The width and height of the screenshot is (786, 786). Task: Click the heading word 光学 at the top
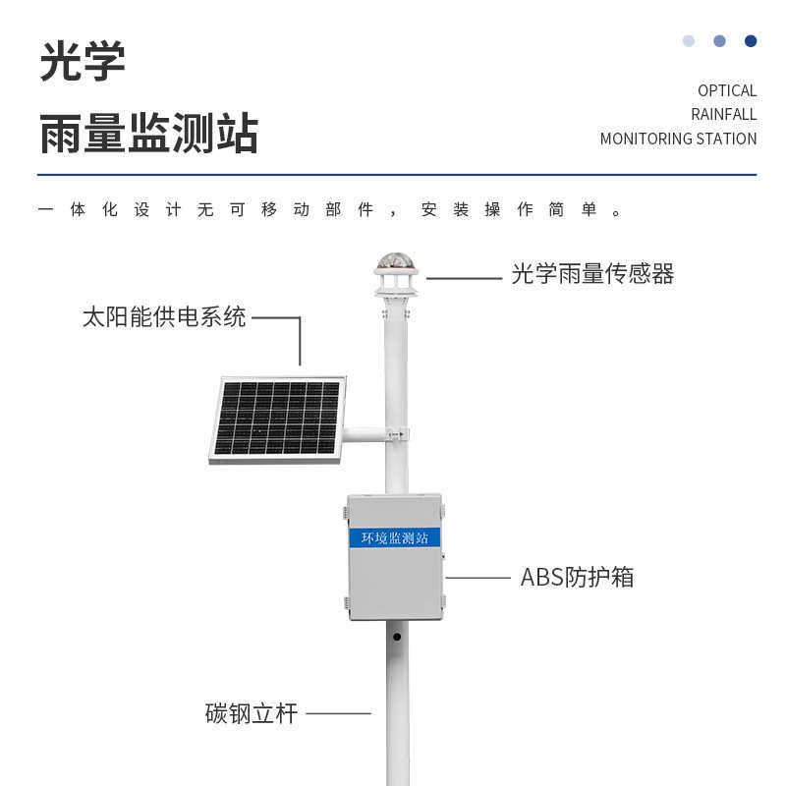(83, 62)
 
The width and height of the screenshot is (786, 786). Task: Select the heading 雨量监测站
(148, 133)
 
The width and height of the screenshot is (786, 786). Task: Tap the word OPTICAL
(727, 90)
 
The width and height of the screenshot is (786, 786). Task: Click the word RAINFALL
(723, 114)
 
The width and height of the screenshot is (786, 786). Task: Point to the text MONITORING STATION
(678, 139)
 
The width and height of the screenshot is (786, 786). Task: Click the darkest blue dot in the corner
(751, 41)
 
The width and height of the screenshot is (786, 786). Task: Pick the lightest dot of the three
(689, 41)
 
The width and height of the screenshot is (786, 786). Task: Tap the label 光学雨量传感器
(592, 274)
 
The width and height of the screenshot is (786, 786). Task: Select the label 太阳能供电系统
(164, 317)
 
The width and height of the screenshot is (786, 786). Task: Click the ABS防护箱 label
(577, 577)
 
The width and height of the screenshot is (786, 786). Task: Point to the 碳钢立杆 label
(251, 713)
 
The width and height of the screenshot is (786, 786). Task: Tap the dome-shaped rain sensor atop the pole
(395, 263)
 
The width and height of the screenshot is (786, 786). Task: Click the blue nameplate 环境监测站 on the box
(394, 537)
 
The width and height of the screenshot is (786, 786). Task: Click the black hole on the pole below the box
(397, 637)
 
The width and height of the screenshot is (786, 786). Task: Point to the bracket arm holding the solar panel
(365, 433)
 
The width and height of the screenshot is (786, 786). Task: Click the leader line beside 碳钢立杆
(338, 713)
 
